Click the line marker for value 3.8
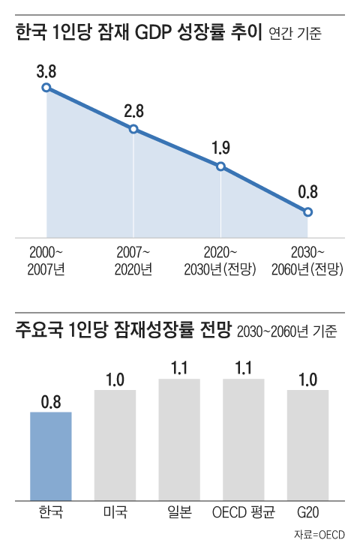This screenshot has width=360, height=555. (x=46, y=88)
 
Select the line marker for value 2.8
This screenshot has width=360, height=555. (x=133, y=129)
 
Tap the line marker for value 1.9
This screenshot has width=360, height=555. (x=220, y=166)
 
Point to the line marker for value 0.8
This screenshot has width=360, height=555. (x=307, y=212)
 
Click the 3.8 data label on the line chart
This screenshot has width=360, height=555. (x=46, y=72)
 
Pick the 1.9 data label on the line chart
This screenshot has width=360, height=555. (x=220, y=148)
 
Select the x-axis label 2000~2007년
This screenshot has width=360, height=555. (x=46, y=260)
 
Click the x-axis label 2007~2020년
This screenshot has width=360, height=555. (x=133, y=260)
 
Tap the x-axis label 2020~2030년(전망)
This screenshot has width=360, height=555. (x=220, y=260)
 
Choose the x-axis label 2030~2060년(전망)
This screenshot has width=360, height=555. (x=307, y=260)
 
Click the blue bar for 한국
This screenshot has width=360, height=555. (x=51, y=456)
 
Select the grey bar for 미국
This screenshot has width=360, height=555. (x=115, y=445)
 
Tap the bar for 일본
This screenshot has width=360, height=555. (x=179, y=439)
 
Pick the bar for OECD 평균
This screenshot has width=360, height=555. (x=244, y=439)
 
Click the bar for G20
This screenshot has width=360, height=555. (x=307, y=445)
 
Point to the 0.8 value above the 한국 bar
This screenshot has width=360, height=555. (x=51, y=400)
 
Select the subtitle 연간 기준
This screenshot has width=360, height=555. (x=294, y=35)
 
